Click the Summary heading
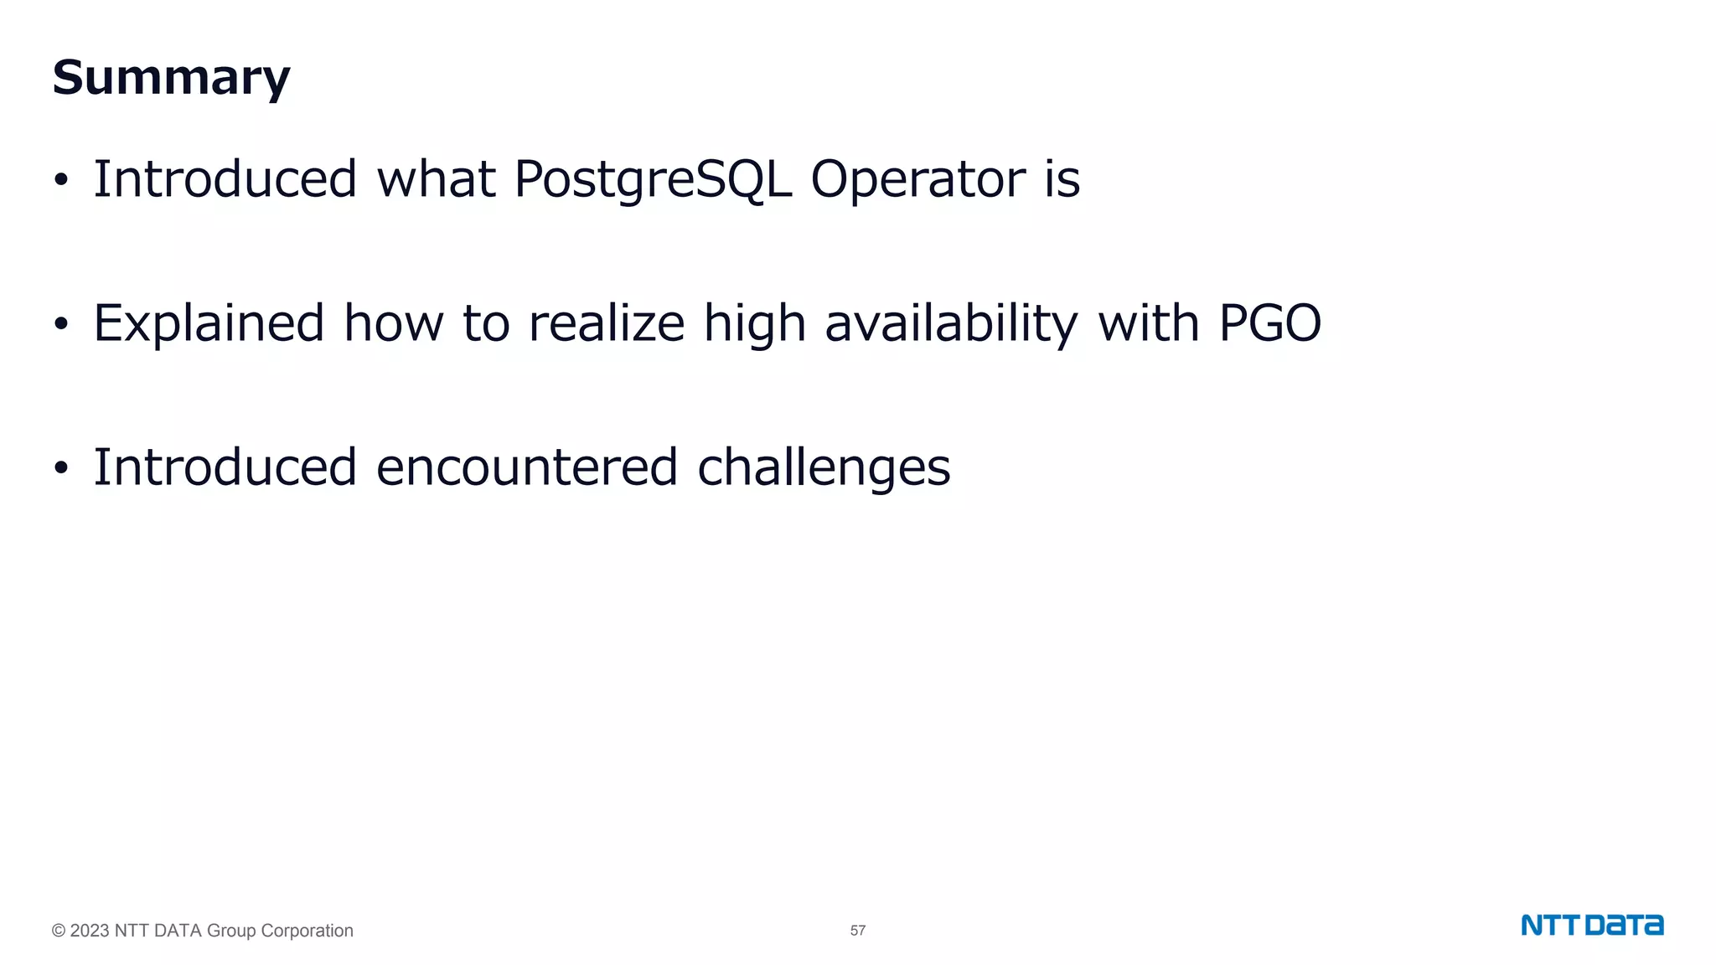tap(171, 78)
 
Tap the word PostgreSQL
tap(653, 179)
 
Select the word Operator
tap(917, 179)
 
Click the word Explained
tap(209, 323)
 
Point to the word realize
tap(607, 323)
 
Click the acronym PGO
tap(1269, 323)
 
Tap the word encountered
tap(526, 467)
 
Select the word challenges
tap(824, 467)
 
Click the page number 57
tap(858, 931)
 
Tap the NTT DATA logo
tap(1592, 926)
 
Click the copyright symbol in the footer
tap(59, 931)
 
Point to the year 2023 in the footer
tap(90, 931)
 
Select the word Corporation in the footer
tap(307, 931)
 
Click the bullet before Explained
tap(60, 325)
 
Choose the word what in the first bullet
tap(436, 179)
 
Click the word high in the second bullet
tap(754, 323)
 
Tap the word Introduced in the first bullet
tap(225, 179)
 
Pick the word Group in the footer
tap(230, 931)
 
